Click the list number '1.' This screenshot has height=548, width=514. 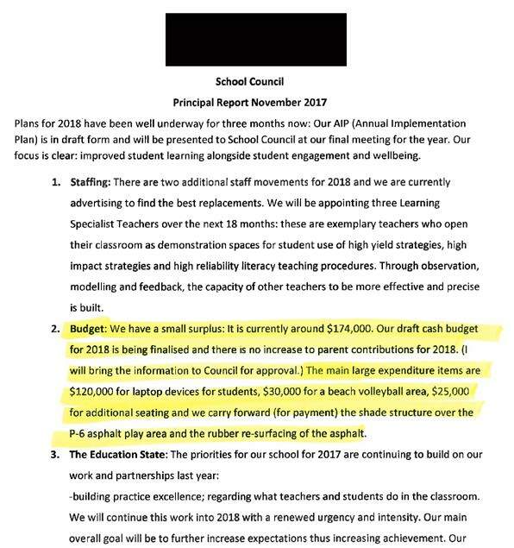click(55, 184)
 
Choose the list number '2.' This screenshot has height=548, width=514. click(55, 329)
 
